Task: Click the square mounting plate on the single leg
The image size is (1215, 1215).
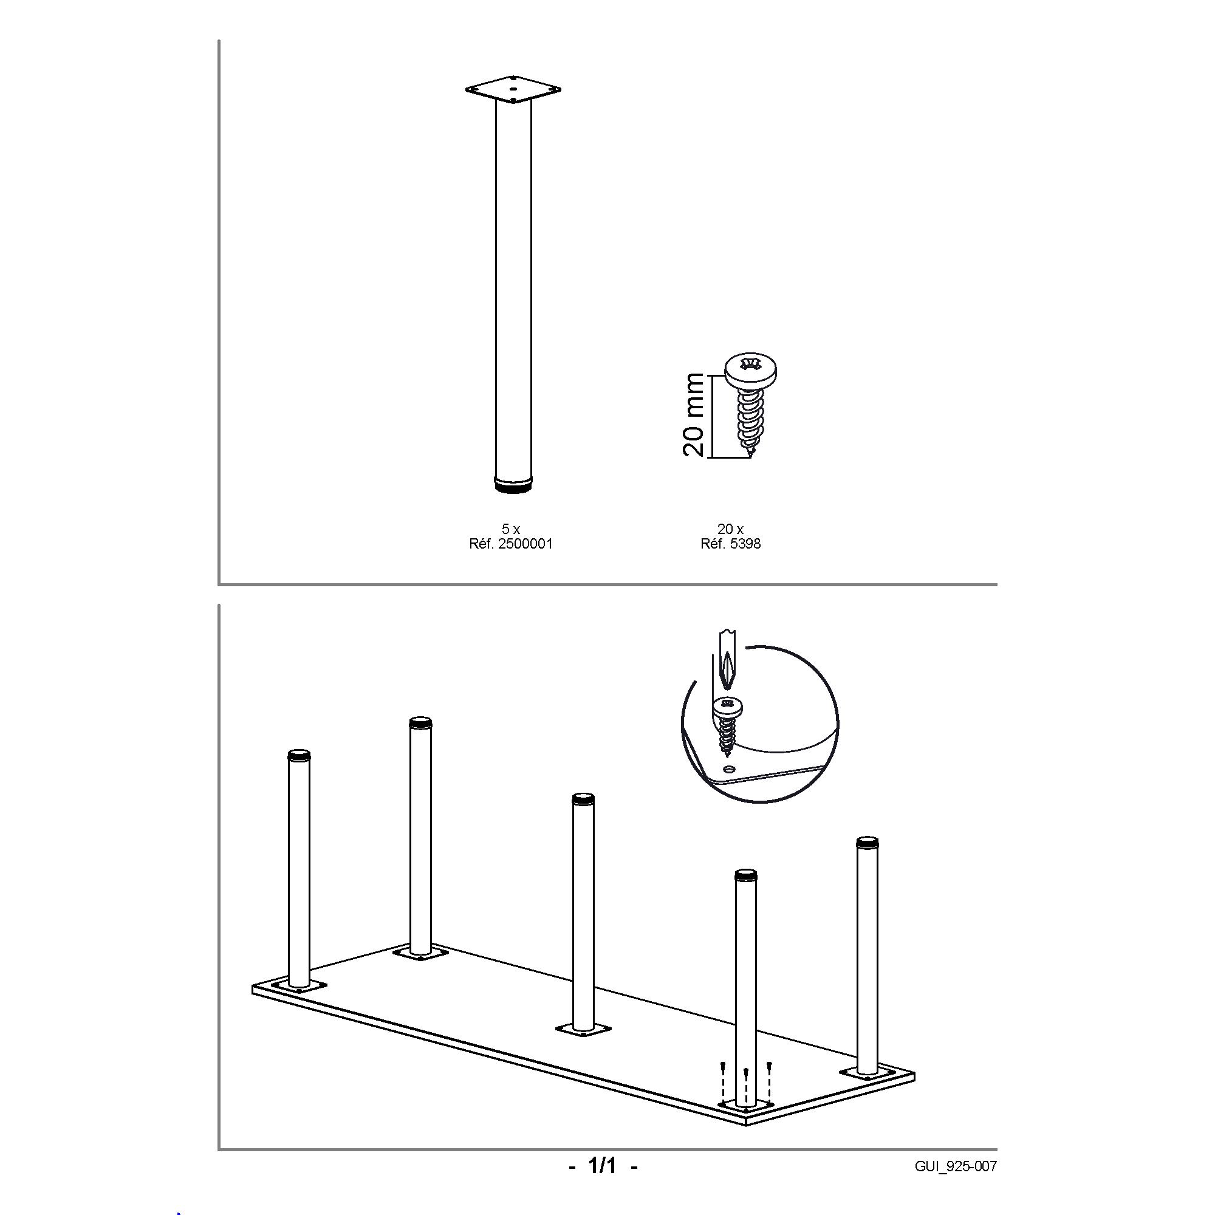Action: tap(513, 90)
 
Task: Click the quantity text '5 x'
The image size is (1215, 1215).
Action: tap(511, 530)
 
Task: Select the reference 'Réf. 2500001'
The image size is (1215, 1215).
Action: tap(511, 544)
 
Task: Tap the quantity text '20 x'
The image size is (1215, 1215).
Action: tap(731, 530)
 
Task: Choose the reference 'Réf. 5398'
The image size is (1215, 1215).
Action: tap(731, 544)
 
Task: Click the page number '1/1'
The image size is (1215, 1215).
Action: tap(603, 1166)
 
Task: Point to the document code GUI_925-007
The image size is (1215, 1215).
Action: tap(956, 1166)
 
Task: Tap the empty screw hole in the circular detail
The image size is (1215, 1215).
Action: tap(730, 769)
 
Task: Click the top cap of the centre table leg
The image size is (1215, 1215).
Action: tap(583, 799)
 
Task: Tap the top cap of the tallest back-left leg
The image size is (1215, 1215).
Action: tap(421, 722)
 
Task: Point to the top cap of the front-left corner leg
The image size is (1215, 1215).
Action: tap(299, 755)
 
